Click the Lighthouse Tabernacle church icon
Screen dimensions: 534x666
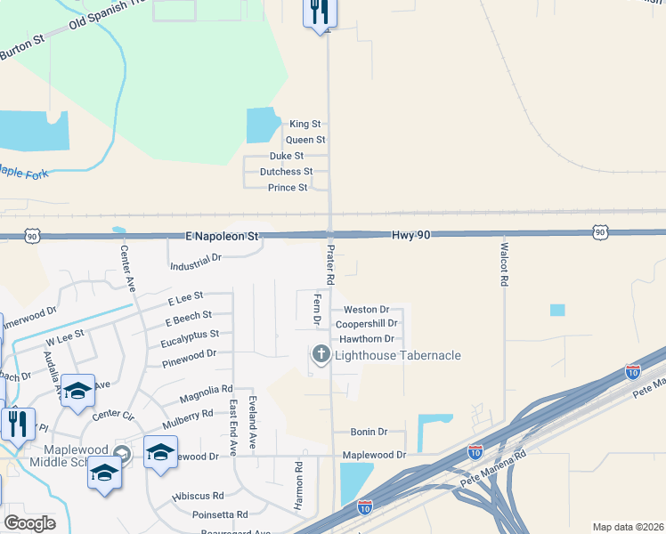pyautogui.click(x=321, y=356)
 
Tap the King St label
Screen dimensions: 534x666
pyautogui.click(x=305, y=125)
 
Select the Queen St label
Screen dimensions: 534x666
pyautogui.click(x=305, y=141)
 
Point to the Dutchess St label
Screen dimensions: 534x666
pyautogui.click(x=286, y=172)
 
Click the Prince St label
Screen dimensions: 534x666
pyautogui.click(x=288, y=188)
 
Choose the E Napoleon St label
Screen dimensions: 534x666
pyautogui.click(x=222, y=237)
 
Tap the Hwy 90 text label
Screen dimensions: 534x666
pyautogui.click(x=411, y=234)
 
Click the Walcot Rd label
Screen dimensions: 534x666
pyautogui.click(x=504, y=264)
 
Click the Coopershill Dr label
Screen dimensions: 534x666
pyautogui.click(x=366, y=324)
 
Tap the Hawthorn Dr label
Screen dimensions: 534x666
pyautogui.click(x=365, y=339)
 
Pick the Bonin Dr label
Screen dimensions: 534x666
pyautogui.click(x=369, y=432)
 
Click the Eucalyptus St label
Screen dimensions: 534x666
pyautogui.click(x=190, y=336)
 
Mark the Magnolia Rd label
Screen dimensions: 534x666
pyautogui.click(x=206, y=390)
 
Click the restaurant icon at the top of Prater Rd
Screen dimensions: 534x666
pyautogui.click(x=320, y=12)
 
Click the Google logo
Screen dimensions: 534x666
pyautogui.click(x=29, y=522)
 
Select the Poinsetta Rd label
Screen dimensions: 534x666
pyautogui.click(x=220, y=514)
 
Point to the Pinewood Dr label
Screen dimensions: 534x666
pyautogui.click(x=190, y=355)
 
